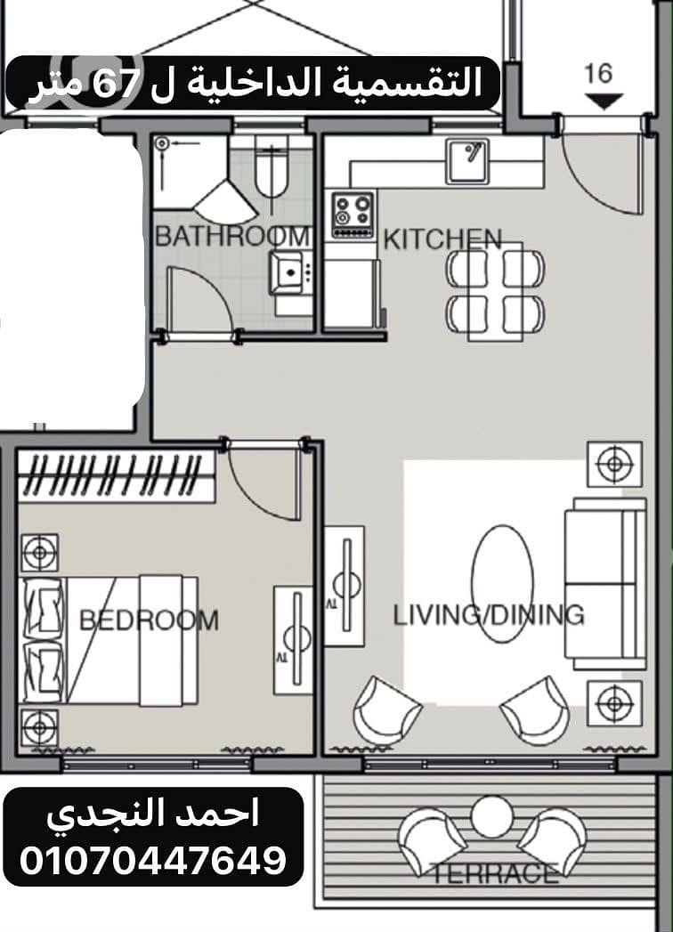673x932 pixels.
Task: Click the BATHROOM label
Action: [x=232, y=237]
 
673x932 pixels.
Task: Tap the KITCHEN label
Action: [x=442, y=239]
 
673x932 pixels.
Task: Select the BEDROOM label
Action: [x=149, y=620]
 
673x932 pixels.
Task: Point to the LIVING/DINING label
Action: [x=488, y=614]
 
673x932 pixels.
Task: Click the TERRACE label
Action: [x=493, y=873]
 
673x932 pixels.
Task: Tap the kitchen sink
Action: [x=467, y=160]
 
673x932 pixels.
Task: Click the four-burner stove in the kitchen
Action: [x=353, y=215]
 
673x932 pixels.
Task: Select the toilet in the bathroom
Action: [x=272, y=166]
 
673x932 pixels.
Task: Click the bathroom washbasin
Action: [x=288, y=272]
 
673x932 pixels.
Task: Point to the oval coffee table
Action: [x=502, y=584]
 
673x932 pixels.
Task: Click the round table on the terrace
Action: [x=491, y=817]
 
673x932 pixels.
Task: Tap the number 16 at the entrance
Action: [x=598, y=73]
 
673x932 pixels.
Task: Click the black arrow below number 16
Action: [x=604, y=101]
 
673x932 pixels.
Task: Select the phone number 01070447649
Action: [x=153, y=860]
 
